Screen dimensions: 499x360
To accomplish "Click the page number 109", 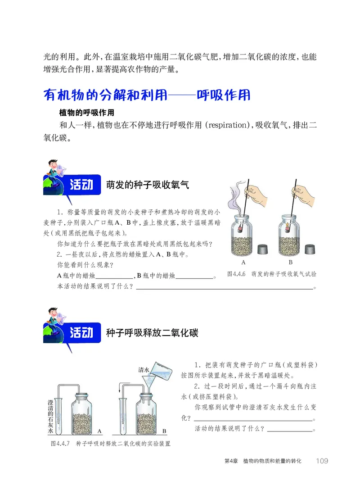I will (x=322, y=461).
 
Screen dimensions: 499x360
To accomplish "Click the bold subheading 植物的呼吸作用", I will (x=86, y=113).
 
